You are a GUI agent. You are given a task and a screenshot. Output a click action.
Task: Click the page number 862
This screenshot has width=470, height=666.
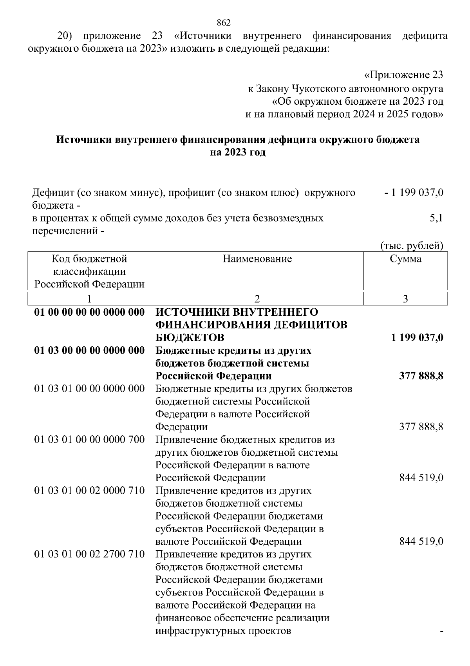point(224,23)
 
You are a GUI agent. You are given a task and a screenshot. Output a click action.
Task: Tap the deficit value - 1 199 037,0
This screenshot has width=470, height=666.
point(414,193)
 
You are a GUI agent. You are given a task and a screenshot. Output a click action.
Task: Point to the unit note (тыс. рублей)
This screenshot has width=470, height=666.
point(412,246)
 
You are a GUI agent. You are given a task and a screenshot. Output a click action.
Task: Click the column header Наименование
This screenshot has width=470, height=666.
point(257,259)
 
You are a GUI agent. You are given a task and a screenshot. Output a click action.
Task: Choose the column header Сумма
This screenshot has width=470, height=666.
point(405,259)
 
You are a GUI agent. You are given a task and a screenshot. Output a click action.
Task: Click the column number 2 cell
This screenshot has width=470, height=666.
point(257,299)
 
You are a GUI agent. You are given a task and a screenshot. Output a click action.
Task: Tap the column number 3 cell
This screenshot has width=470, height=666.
point(405,299)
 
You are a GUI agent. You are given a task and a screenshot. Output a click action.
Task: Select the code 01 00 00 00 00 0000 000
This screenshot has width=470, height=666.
point(90,312)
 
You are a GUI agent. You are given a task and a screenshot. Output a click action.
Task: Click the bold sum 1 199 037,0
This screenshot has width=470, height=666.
point(417,338)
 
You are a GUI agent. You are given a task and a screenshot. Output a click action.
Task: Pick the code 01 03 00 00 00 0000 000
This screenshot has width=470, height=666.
point(90,350)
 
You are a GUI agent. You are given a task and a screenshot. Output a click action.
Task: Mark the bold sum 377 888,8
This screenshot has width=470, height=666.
point(421,376)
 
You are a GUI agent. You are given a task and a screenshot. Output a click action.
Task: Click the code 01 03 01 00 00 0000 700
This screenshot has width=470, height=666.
point(90,440)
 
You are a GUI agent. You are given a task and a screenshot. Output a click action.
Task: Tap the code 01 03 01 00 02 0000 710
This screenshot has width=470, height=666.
point(90,491)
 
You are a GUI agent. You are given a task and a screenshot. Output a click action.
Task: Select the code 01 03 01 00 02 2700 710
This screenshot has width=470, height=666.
point(90,554)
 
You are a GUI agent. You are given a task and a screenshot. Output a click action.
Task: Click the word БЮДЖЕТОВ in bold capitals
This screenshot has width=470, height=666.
point(190,338)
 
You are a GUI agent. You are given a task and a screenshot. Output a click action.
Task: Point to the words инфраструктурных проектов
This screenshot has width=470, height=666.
point(223,631)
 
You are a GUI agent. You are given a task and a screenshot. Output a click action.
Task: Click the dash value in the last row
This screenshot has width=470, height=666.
point(441,631)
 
